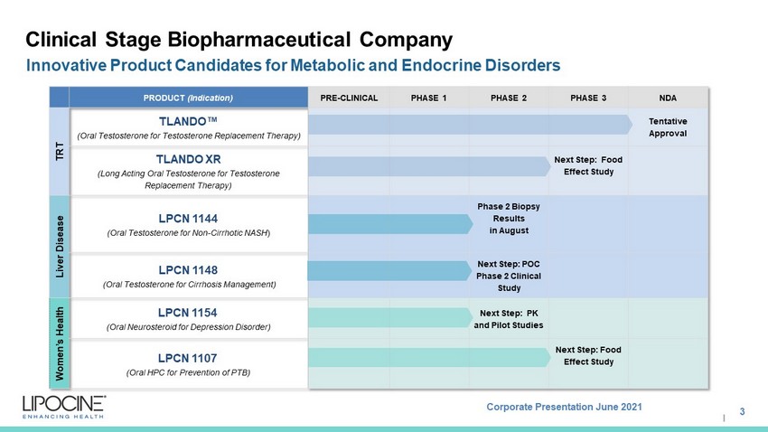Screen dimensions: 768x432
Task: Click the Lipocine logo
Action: pyautogui.click(x=63, y=407)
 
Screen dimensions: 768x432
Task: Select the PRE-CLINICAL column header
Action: pyautogui.click(x=350, y=98)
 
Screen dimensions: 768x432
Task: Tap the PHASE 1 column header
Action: pyautogui.click(x=428, y=98)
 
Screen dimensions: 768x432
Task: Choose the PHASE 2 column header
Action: pyautogui.click(x=509, y=98)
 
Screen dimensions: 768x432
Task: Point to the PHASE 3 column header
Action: pyautogui.click(x=588, y=98)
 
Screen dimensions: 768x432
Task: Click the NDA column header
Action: pyautogui.click(x=668, y=98)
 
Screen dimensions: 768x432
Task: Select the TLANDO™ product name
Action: pyautogui.click(x=188, y=121)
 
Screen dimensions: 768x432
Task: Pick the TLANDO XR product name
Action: pyautogui.click(x=189, y=159)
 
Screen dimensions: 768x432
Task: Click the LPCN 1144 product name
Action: pyautogui.click(x=188, y=219)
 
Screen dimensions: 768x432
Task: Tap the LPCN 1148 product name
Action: pyautogui.click(x=188, y=270)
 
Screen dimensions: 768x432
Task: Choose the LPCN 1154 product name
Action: pyautogui.click(x=188, y=313)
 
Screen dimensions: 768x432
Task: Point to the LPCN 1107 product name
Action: pyautogui.click(x=188, y=358)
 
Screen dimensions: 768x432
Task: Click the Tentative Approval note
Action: pyautogui.click(x=668, y=127)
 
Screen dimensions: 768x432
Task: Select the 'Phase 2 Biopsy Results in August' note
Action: pyautogui.click(x=509, y=219)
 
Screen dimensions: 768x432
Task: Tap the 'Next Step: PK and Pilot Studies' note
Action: pyautogui.click(x=509, y=319)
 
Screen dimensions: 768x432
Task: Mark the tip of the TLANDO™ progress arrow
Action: pyautogui.click(x=632, y=125)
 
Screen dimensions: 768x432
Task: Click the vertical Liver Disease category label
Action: pyautogui.click(x=60, y=247)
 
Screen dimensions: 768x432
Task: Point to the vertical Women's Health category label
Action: pyautogui.click(x=60, y=343)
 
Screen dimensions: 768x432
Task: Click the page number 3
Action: pyautogui.click(x=742, y=411)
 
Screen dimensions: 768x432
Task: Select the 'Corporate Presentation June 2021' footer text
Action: pyautogui.click(x=564, y=407)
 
